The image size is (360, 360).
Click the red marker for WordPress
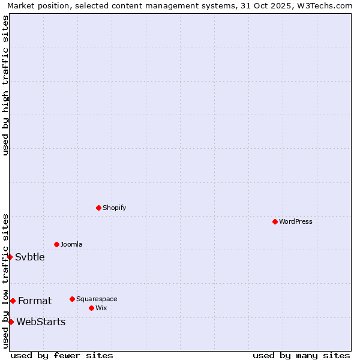[275, 221]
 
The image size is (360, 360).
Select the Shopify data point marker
[98, 208]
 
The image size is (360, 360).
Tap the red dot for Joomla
[56, 244]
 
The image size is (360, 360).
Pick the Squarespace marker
[72, 299]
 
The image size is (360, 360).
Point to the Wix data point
[91, 308]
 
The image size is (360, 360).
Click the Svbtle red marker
[10, 257]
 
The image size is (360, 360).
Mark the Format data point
[13, 301]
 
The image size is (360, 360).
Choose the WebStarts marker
[11, 322]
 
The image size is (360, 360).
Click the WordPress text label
[295, 221]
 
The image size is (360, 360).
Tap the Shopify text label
[114, 208]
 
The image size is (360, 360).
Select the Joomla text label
[71, 244]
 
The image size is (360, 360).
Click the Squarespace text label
[97, 299]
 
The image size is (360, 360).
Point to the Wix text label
[101, 308]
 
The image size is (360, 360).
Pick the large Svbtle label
[30, 257]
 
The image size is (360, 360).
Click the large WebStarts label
[41, 322]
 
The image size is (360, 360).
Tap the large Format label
[35, 301]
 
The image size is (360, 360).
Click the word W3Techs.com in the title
[326, 6]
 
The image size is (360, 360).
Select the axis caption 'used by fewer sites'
[62, 355]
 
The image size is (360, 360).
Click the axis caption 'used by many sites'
[301, 355]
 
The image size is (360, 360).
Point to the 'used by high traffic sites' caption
[5, 85]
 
